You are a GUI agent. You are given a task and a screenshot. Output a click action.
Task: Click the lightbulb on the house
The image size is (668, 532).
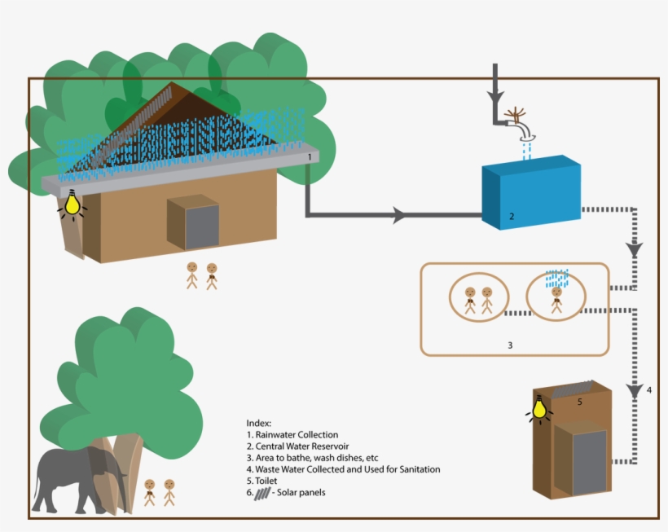(x=73, y=203)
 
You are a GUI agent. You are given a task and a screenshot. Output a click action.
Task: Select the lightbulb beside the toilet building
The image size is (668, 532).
(x=538, y=407)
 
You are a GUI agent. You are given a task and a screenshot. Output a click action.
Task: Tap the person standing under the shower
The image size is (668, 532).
(x=557, y=298)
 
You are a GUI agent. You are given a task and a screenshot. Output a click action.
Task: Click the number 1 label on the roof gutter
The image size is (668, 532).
(x=310, y=155)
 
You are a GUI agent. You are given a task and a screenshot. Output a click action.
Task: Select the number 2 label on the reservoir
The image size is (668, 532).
(x=511, y=217)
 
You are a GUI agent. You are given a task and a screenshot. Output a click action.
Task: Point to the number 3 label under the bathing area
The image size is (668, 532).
(x=510, y=345)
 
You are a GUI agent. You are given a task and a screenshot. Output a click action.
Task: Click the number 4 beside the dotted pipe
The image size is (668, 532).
(x=649, y=390)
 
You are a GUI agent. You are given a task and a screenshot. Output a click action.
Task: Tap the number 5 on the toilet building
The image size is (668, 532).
(x=579, y=402)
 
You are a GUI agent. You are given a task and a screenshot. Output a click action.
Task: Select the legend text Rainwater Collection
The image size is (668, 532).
(x=297, y=435)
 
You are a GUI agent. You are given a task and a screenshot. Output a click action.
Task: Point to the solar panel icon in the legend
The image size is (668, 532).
(x=267, y=493)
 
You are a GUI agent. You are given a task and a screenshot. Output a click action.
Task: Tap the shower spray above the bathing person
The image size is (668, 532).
(x=557, y=277)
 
